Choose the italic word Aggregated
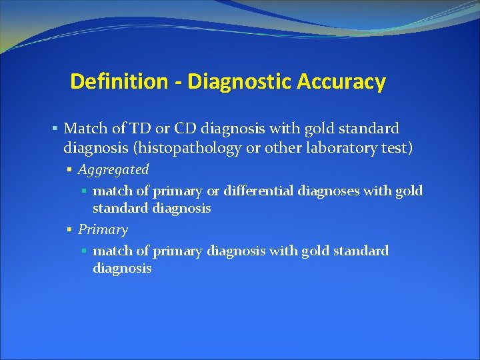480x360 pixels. (113, 170)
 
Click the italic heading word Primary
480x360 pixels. (103, 230)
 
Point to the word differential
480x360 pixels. (258, 191)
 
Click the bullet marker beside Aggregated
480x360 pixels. (69, 170)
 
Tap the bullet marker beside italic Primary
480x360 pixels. (69, 230)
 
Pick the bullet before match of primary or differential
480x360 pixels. (84, 191)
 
